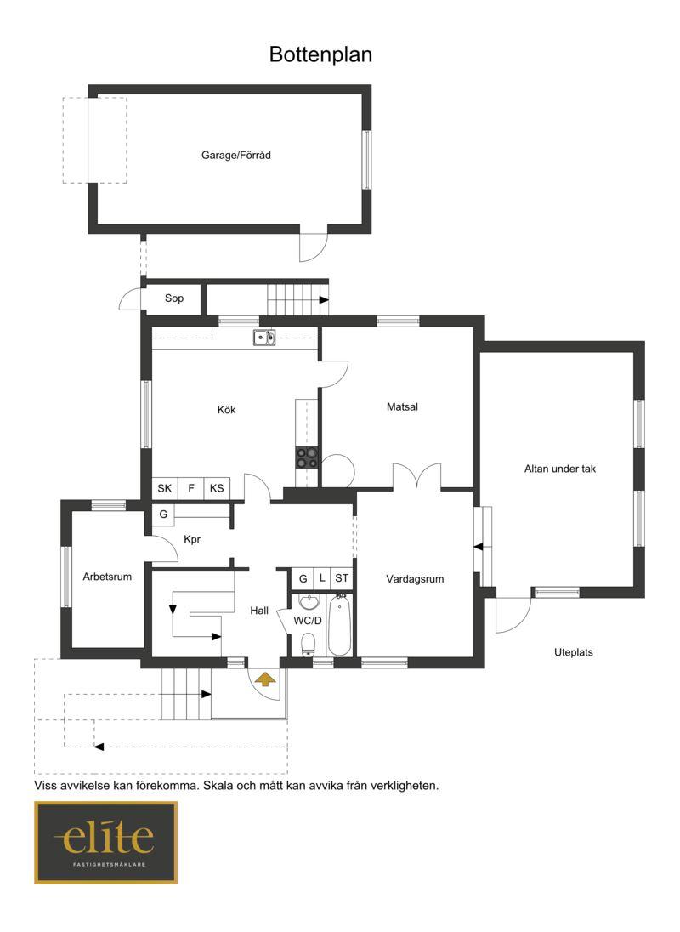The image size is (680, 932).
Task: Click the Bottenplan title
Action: click(320, 54)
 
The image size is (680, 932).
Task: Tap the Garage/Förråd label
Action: click(235, 155)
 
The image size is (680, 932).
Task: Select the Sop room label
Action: click(174, 298)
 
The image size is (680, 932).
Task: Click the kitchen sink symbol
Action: click(264, 338)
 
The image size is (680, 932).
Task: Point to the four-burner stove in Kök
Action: click(307, 457)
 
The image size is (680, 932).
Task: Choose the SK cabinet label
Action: click(165, 488)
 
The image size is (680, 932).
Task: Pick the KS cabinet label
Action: click(217, 488)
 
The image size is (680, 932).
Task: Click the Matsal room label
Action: click(402, 407)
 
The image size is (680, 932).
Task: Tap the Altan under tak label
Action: click(559, 469)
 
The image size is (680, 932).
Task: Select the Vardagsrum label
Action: click(415, 579)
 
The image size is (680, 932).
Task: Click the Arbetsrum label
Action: click(107, 577)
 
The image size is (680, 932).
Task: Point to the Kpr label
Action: click(192, 540)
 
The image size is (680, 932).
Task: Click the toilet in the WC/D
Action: click(308, 645)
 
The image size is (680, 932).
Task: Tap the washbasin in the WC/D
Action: click(309, 602)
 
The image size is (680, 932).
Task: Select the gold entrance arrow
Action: click(265, 679)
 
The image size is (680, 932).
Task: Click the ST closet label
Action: click(342, 577)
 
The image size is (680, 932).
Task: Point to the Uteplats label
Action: click(573, 652)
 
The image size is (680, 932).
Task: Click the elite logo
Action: click(105, 842)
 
